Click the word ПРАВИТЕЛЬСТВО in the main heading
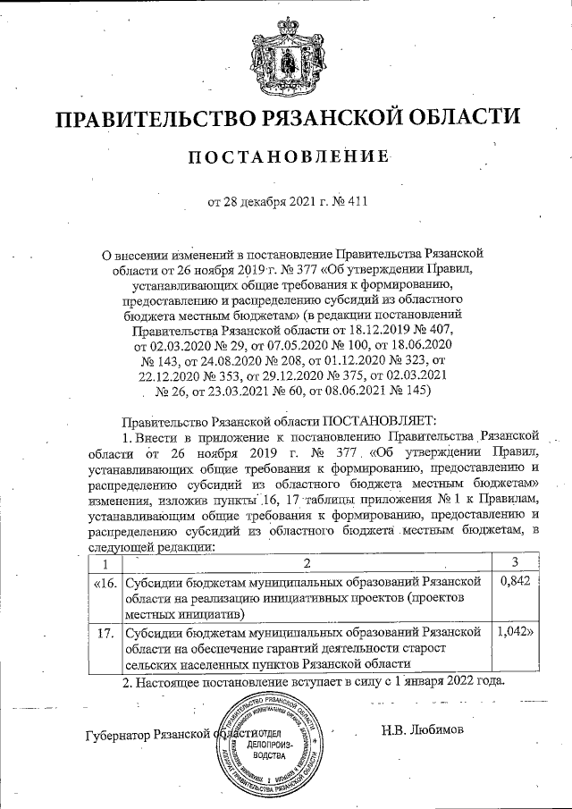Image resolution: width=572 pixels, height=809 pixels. pyautogui.click(x=147, y=118)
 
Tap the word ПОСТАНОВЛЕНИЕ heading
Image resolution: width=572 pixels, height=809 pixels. pyautogui.click(x=289, y=157)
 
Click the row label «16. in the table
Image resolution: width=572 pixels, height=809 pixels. pyautogui.click(x=105, y=582)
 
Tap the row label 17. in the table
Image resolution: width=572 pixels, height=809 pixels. pyautogui.click(x=105, y=632)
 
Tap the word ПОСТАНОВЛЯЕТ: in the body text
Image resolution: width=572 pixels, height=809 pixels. pyautogui.click(x=374, y=419)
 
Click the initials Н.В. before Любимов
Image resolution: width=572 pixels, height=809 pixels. pyautogui.click(x=390, y=729)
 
